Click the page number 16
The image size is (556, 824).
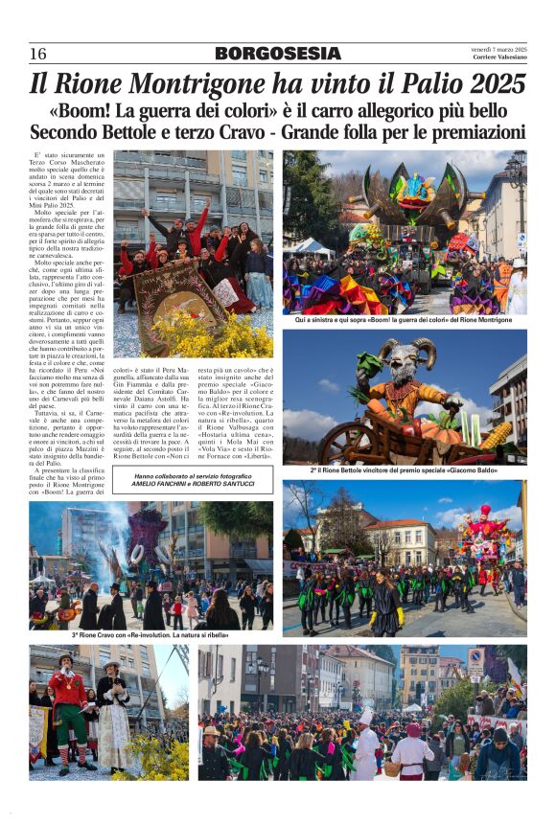point(38,54)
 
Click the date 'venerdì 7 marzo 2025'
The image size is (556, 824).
point(498,49)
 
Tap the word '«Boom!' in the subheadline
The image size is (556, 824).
point(84,110)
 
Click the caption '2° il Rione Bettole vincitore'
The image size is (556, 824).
point(404,471)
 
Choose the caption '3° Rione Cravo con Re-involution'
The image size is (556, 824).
point(151,634)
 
